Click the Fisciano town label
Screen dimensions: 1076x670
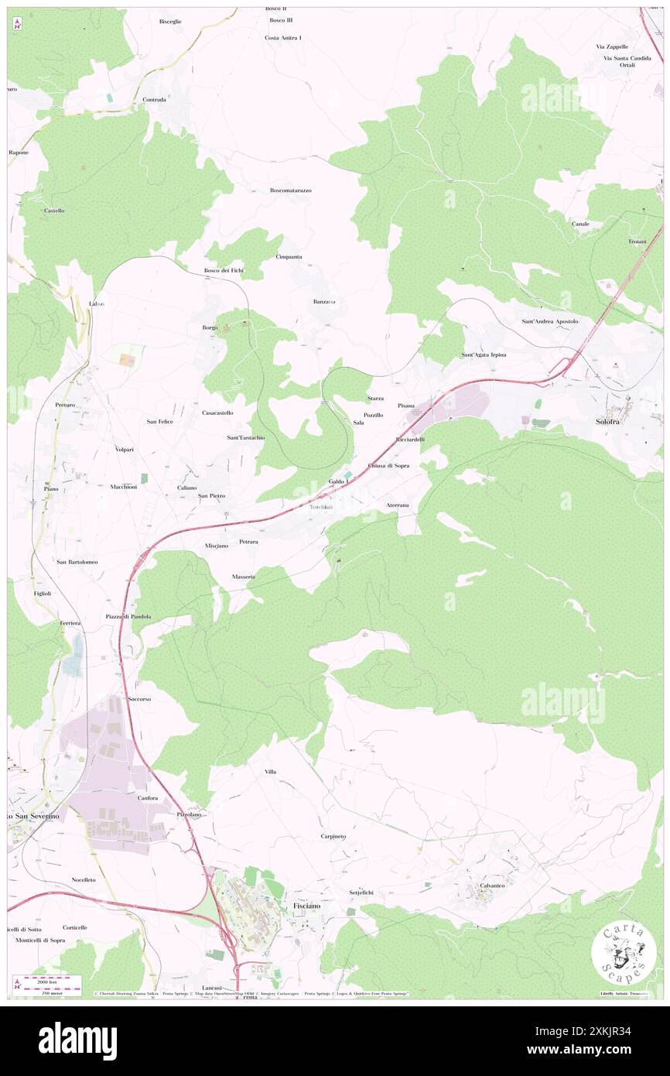click(306, 905)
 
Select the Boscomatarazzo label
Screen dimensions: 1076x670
click(290, 190)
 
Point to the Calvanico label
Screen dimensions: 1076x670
click(492, 885)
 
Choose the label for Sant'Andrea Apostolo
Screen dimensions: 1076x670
click(550, 320)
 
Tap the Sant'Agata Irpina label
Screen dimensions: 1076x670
click(484, 355)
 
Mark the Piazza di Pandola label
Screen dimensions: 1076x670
click(128, 616)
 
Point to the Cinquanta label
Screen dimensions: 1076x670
click(289, 256)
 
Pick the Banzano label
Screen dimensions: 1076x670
click(324, 300)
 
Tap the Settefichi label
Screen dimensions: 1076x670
click(361, 892)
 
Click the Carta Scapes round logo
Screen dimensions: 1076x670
click(624, 953)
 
